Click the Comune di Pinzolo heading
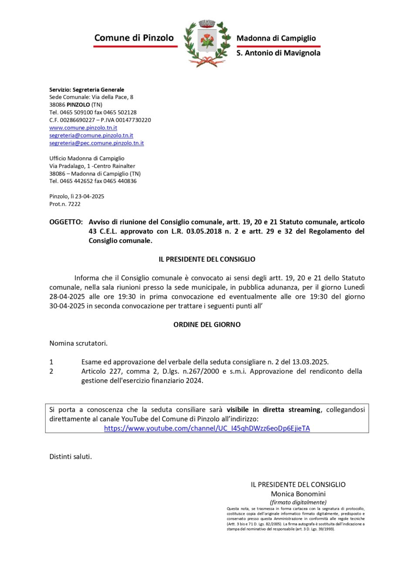pos(134,38)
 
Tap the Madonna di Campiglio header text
pos(276,38)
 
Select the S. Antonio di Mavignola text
pos(278,53)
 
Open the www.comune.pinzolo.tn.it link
pos(83,128)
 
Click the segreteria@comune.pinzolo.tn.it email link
pos(91,135)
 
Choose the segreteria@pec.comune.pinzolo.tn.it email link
pos(96,143)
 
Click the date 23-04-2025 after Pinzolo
pos(89,196)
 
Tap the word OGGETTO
pos(65,222)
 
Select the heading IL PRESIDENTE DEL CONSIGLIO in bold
pos(207,259)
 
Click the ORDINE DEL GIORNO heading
pos(207,325)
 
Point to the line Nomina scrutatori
pos(78,343)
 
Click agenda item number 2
pos(51,371)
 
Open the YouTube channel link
pos(207,428)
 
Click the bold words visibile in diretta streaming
pos(273,409)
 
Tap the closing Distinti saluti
pos(71,457)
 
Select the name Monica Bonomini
pos(298,494)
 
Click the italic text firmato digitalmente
pos(298,502)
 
